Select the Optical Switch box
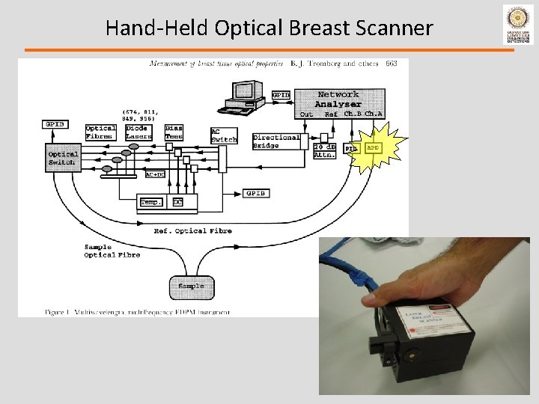tap(62, 159)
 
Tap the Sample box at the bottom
tap(191, 286)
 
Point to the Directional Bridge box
tap(276, 141)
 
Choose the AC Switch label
tap(224, 135)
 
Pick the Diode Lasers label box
tap(138, 132)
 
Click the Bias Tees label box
tap(174, 132)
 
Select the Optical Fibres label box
tap(100, 132)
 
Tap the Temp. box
tap(151, 202)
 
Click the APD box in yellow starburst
tap(373, 149)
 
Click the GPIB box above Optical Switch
tap(55, 123)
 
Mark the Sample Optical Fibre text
tap(112, 251)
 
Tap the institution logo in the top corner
tap(518, 23)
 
